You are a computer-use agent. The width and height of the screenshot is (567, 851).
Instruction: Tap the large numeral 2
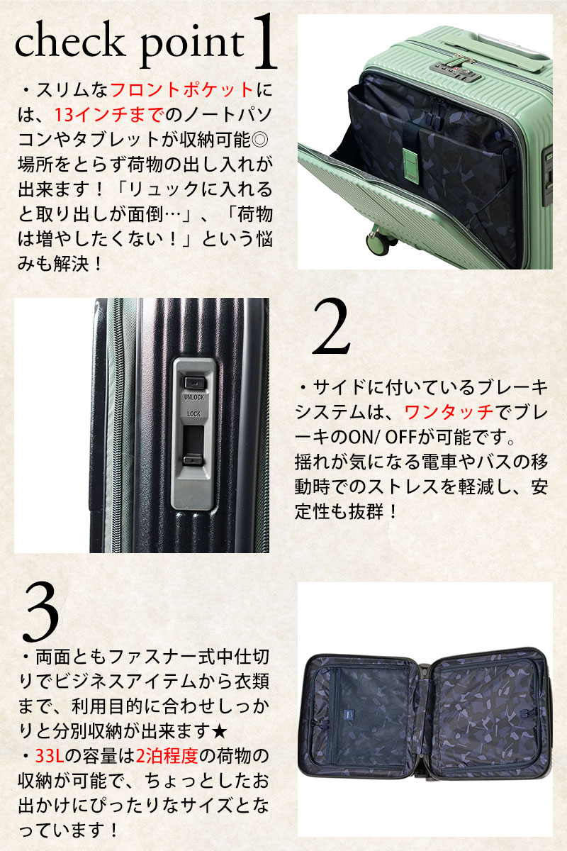pyautogui.click(x=331, y=327)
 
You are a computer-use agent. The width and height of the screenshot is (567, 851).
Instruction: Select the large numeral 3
pyautogui.click(x=40, y=611)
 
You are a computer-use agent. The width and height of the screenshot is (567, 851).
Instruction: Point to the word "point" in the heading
pyautogui.click(x=192, y=45)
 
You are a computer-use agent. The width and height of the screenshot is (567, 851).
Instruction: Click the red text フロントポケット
pyautogui.click(x=182, y=91)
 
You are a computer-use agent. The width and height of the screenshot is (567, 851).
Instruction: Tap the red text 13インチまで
pyautogui.click(x=109, y=115)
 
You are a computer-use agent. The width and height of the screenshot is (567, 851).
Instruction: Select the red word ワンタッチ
pyautogui.click(x=449, y=412)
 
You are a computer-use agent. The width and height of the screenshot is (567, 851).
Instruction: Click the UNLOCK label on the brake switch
pyautogui.click(x=194, y=397)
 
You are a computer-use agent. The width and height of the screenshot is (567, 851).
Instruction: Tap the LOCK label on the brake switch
pyautogui.click(x=193, y=413)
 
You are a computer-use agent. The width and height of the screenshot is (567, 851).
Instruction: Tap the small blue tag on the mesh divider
pyautogui.click(x=347, y=715)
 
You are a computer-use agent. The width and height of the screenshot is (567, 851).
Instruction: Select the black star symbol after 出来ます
pyautogui.click(x=220, y=732)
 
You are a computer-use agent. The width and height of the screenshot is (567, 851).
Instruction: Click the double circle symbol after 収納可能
pyautogui.click(x=260, y=140)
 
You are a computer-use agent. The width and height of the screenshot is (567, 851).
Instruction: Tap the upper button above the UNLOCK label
pyautogui.click(x=195, y=382)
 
